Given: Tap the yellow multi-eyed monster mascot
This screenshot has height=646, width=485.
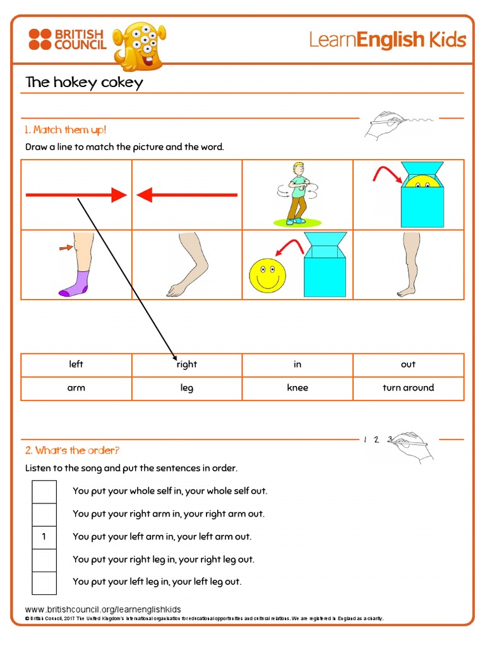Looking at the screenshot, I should point(140,45).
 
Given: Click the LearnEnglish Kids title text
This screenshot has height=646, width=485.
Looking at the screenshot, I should point(387,40).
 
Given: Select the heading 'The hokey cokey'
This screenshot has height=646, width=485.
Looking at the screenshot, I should point(84,83).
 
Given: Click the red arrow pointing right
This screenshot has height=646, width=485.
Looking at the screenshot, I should point(76,196).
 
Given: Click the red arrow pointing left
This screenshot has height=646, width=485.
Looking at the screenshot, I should point(187,196).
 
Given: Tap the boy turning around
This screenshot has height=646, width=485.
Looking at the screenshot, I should point(297,194).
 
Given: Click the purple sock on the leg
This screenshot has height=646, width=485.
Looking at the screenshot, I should point(75,283).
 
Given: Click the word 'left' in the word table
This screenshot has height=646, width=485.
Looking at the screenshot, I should point(76,365).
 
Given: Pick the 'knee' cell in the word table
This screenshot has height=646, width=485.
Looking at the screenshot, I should point(297,388).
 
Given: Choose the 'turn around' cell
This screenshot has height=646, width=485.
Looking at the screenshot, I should point(408,388).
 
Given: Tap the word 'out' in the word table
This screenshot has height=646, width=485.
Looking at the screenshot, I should point(408,365).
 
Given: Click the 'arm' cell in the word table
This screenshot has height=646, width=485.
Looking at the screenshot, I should point(76,388).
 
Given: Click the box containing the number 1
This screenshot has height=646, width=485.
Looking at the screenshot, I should point(44,537).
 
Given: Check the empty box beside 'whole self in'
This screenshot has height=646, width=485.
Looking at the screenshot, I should point(44,491).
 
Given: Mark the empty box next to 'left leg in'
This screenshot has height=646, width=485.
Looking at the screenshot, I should point(44,582).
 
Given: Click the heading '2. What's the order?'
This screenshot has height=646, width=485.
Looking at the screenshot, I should point(72,450).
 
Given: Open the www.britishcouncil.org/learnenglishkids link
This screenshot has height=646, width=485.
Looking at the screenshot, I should point(103,609).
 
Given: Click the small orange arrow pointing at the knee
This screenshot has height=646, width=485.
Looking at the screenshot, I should point(66,248).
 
